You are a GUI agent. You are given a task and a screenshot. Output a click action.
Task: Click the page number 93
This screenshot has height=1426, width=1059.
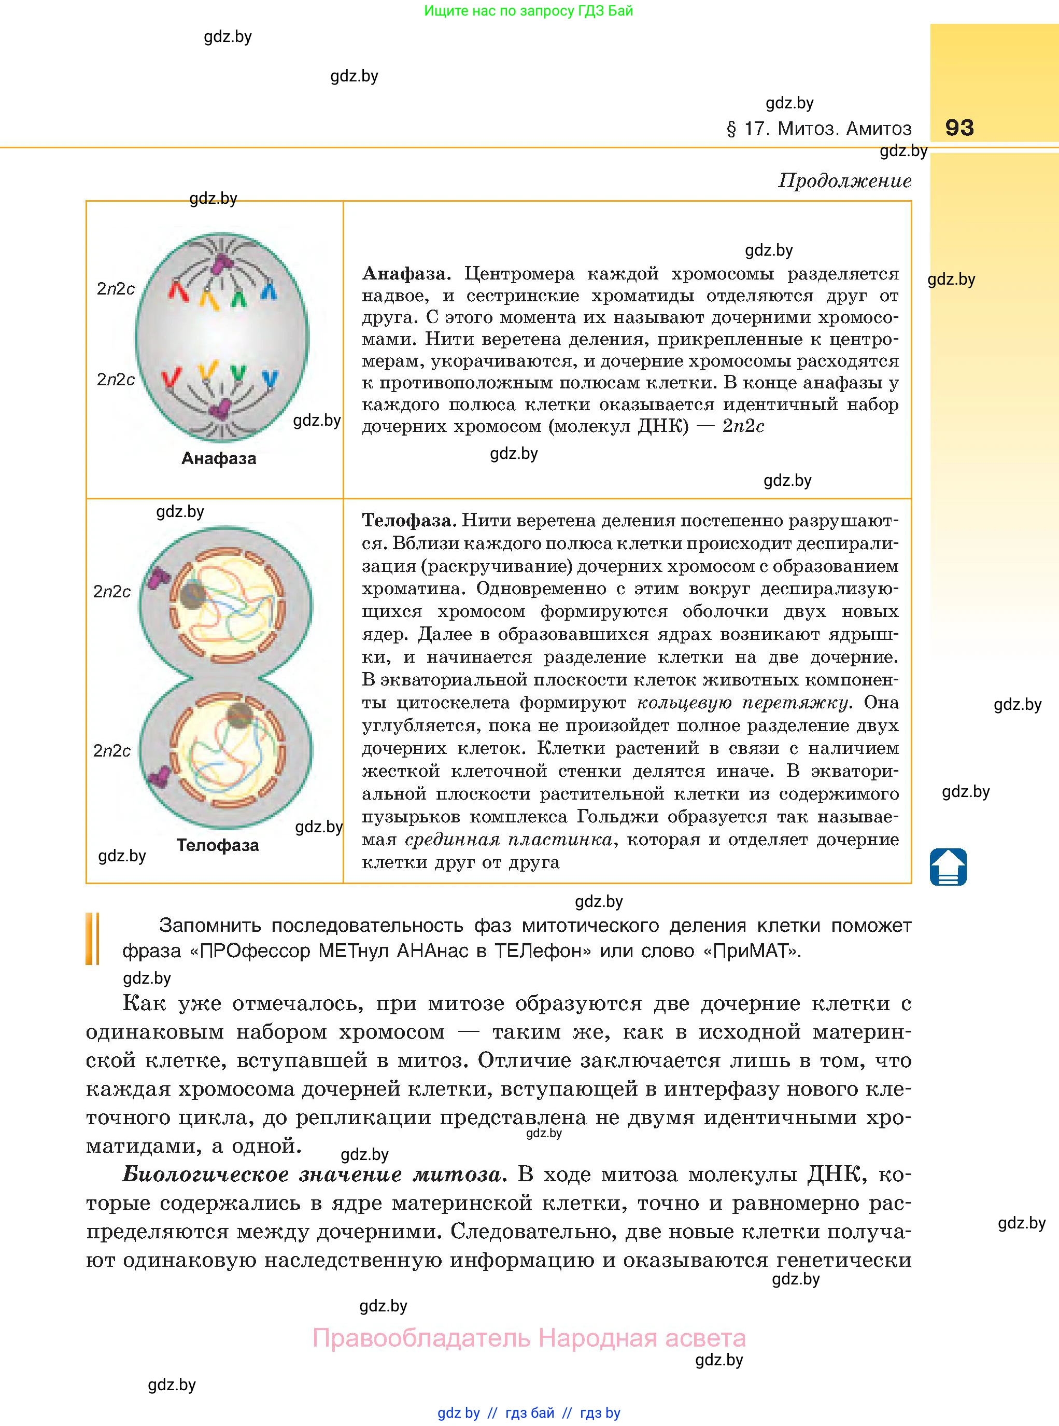(959, 128)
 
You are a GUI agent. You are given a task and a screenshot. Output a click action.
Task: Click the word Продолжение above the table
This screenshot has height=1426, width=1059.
(844, 181)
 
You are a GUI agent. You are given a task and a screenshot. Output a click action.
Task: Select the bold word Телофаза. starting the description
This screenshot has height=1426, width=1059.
(409, 520)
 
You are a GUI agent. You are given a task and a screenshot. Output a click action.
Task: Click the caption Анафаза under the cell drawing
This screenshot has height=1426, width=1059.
(219, 458)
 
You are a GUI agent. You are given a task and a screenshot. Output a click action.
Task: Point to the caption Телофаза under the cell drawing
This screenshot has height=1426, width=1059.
(218, 845)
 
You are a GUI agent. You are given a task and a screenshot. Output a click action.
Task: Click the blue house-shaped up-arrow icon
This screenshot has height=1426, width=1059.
(948, 867)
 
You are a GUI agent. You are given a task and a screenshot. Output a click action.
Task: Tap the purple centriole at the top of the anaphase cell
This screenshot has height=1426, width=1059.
(222, 262)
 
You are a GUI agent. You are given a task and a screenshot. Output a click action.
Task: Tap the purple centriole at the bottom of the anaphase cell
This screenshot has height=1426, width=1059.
(222, 409)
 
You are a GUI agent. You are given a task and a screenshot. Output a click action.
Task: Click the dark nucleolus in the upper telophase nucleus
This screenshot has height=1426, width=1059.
(192, 594)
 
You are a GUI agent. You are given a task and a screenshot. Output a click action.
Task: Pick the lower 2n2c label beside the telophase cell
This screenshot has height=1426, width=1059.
(112, 751)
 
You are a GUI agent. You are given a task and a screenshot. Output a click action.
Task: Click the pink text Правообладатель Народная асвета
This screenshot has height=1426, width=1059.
(529, 1338)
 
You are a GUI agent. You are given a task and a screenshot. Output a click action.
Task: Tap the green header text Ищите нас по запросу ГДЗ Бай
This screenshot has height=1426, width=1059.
(528, 11)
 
